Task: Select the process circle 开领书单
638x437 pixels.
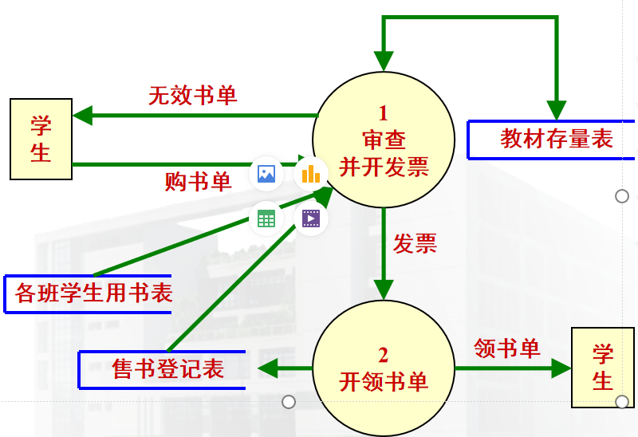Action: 384,368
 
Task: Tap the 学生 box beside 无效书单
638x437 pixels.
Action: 41,138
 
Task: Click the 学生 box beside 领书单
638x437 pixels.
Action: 603,368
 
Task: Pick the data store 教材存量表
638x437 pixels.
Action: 556,139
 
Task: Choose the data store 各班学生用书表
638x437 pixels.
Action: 93,293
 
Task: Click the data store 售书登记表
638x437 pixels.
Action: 167,368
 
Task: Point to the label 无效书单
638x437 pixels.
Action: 193,96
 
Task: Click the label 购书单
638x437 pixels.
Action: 198,182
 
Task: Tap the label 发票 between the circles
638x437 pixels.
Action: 415,243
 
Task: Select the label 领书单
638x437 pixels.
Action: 507,348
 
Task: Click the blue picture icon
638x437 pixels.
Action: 266,174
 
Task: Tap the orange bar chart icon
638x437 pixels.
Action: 310,174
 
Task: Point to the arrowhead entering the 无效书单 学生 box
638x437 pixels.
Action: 82,116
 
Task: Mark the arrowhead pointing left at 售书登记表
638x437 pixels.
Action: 266,368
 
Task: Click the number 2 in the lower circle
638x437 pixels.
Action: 384,353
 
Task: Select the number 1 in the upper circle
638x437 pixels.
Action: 384,112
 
